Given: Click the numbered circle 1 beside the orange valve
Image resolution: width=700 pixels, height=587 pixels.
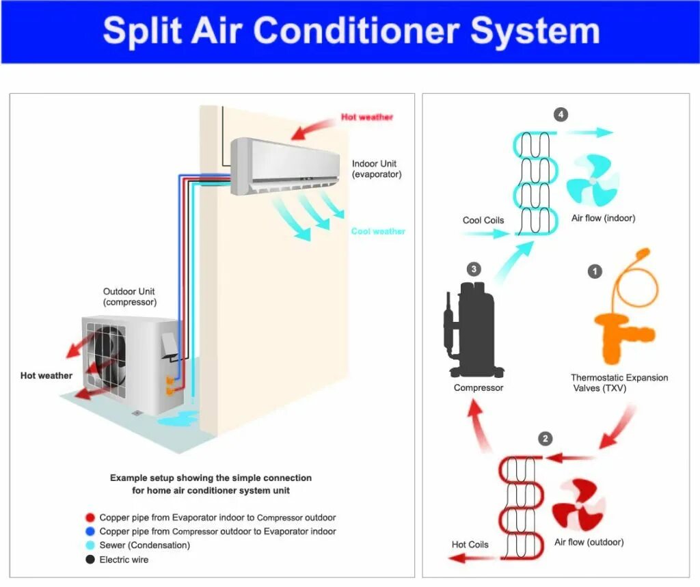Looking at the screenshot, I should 595,272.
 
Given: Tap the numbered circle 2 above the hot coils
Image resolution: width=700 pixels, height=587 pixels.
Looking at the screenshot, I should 545,439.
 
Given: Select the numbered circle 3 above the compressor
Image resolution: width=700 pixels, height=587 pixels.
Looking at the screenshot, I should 474,269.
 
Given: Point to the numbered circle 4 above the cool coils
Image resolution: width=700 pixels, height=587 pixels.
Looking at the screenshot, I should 561,114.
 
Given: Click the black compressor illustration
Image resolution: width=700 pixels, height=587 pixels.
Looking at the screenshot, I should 477,328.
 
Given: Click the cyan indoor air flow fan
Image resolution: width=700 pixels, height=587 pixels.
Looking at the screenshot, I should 593,181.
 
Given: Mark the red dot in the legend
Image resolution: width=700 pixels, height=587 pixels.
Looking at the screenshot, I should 90,518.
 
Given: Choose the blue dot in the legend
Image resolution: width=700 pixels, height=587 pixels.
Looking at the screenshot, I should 90,532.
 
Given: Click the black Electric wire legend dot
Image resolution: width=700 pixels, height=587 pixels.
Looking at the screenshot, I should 90,560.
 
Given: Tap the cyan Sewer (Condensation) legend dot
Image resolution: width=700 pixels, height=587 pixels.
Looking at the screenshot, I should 90,545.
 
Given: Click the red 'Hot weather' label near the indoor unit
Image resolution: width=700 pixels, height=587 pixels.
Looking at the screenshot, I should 367,118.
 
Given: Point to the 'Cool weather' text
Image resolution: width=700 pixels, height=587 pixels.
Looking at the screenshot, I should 378,232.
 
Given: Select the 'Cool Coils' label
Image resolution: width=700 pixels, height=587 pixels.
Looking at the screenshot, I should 483,220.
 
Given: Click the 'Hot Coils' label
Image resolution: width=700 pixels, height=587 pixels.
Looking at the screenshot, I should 470,545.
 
